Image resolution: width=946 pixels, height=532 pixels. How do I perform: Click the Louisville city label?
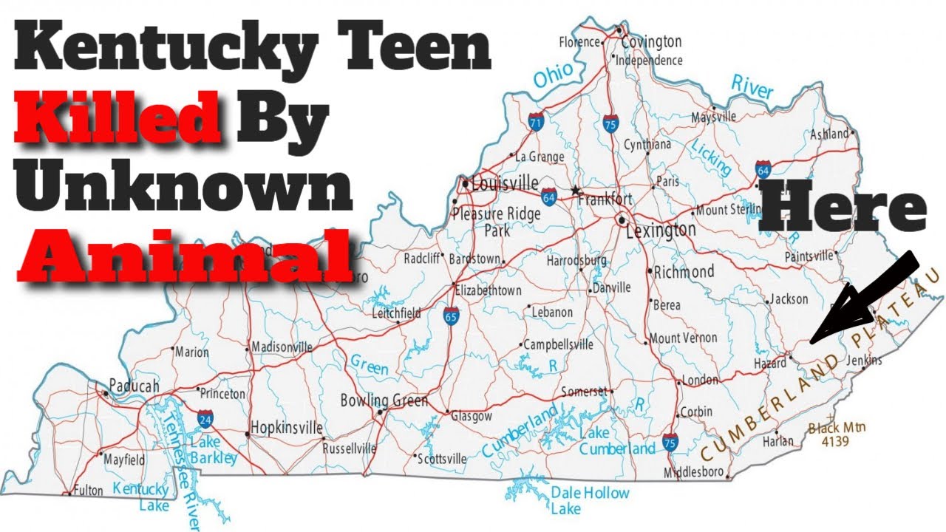tap(505, 184)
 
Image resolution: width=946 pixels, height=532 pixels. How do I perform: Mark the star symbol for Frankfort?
tap(575, 189)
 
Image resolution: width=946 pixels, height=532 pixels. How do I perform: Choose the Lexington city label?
tap(660, 231)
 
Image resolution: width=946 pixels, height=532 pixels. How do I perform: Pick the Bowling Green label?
tap(384, 401)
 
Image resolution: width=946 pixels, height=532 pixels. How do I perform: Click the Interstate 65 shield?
tap(450, 317)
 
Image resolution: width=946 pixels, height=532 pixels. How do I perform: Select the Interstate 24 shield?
tap(205, 420)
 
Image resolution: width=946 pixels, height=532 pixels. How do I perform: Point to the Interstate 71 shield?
tap(536, 121)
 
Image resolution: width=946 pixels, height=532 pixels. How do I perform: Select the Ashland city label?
tap(828, 134)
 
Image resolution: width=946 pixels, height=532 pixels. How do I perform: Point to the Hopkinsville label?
tap(286, 428)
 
